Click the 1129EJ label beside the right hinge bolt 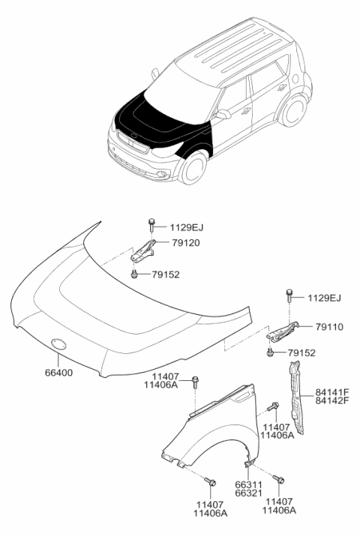pos(325,298)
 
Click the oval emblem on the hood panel pos(58,343)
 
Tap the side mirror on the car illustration pos(223,114)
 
